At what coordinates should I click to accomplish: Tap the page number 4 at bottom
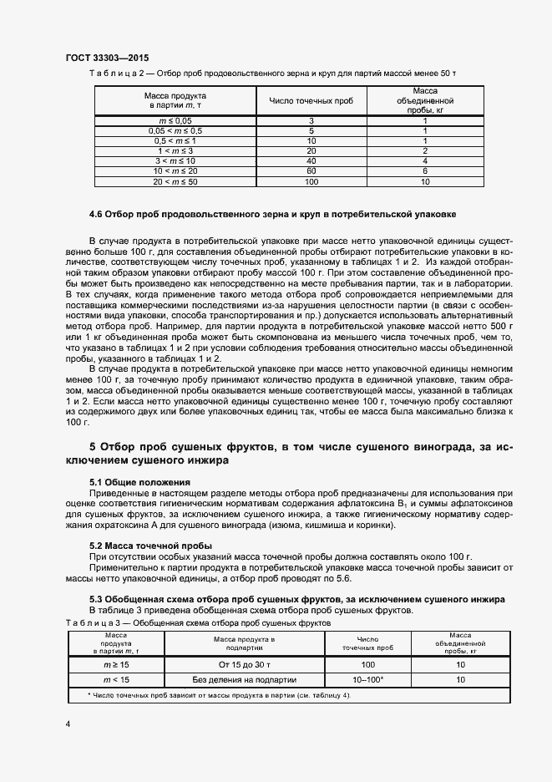68,724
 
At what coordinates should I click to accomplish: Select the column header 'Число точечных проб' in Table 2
311,100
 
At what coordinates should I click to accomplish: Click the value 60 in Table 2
311,170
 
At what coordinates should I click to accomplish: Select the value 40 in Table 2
311,160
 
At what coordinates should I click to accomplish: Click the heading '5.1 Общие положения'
139,483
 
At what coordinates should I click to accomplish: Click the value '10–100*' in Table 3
367,680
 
